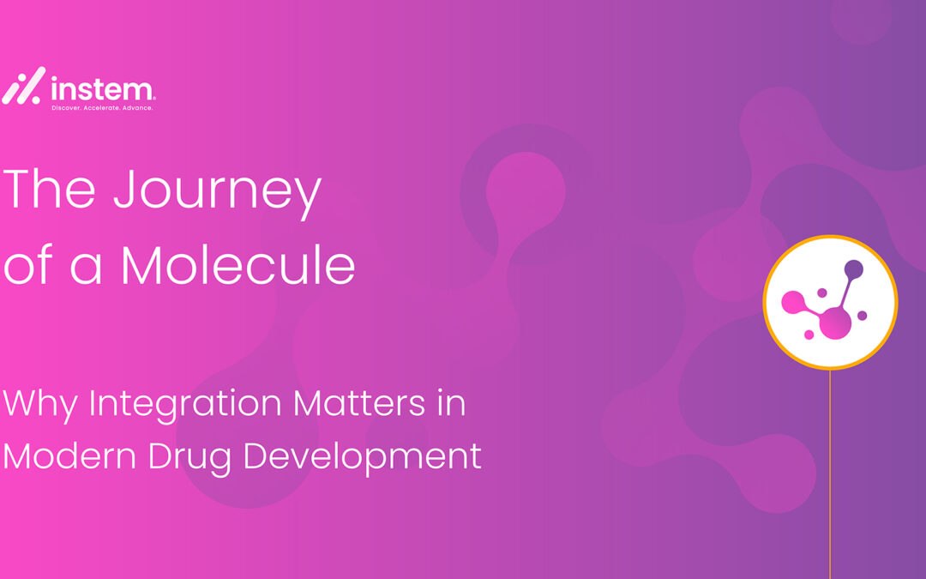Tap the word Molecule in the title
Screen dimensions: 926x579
pyautogui.click(x=238, y=265)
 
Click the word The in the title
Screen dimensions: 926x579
pyautogui.click(x=49, y=188)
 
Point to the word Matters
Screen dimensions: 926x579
pyautogui.click(x=359, y=403)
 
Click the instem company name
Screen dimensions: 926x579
pyautogui.click(x=103, y=89)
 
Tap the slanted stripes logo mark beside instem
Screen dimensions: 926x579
pyautogui.click(x=24, y=86)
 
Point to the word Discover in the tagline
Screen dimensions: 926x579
pyautogui.click(x=66, y=108)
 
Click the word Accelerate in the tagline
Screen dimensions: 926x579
pyautogui.click(x=101, y=108)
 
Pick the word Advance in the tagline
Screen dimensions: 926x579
pyautogui.click(x=137, y=108)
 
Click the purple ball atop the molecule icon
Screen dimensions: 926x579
pyautogui.click(x=853, y=269)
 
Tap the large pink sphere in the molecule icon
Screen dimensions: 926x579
pyautogui.click(x=836, y=323)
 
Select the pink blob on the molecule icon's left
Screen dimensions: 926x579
pyautogui.click(x=793, y=302)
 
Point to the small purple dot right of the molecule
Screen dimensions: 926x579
pyautogui.click(x=863, y=316)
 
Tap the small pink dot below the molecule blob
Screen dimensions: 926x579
pyautogui.click(x=809, y=335)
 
